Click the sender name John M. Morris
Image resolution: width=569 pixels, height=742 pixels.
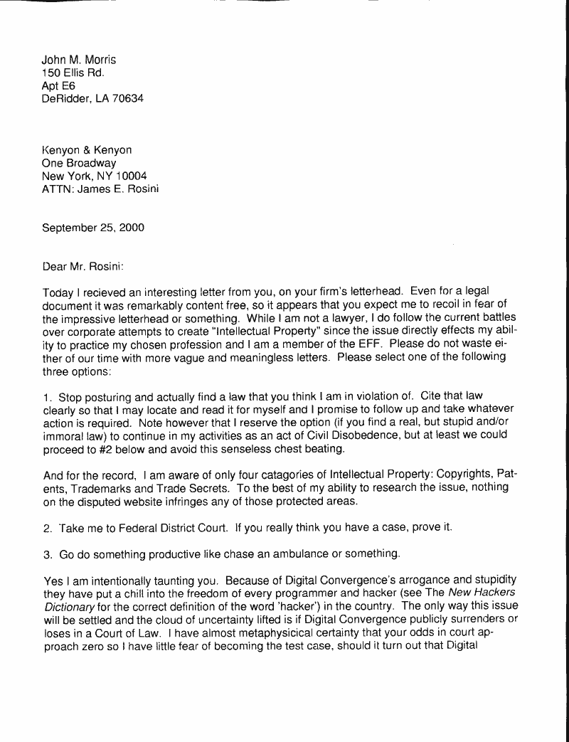click(78, 60)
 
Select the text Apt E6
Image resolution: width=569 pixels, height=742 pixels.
click(58, 86)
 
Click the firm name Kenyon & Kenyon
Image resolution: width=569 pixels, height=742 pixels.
click(87, 150)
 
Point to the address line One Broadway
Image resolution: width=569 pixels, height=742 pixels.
click(79, 163)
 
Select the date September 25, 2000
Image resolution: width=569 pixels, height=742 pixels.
click(93, 228)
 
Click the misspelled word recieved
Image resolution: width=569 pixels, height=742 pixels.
click(102, 293)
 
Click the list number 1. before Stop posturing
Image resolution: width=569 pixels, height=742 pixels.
click(47, 396)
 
